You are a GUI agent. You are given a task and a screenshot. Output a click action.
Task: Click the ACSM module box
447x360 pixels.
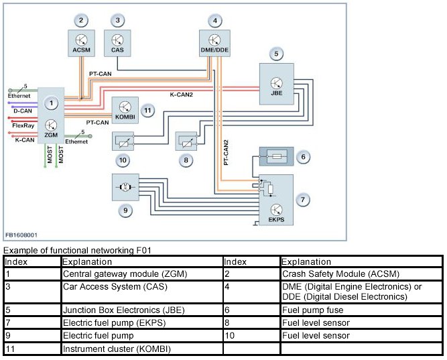pyautogui.click(x=81, y=42)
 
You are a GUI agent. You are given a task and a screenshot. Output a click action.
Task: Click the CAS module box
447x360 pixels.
pyautogui.click(x=117, y=42)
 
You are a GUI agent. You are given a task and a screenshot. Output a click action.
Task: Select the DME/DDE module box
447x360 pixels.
pyautogui.click(x=214, y=42)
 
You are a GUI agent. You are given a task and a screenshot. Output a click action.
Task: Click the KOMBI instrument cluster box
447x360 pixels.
pyautogui.click(x=125, y=109)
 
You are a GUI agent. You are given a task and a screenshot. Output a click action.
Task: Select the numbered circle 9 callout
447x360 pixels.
pyautogui.click(x=124, y=210)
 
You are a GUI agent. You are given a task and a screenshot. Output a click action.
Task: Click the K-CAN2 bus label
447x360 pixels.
pyautogui.click(x=181, y=95)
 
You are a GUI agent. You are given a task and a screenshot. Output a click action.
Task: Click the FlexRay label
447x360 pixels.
pyautogui.click(x=23, y=125)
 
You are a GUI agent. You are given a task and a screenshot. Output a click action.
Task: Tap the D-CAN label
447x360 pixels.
pyautogui.click(x=23, y=111)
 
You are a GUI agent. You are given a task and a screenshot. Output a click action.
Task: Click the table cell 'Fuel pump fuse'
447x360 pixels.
pyautogui.click(x=361, y=310)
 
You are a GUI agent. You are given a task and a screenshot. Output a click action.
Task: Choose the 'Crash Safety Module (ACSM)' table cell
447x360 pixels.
pyautogui.click(x=361, y=274)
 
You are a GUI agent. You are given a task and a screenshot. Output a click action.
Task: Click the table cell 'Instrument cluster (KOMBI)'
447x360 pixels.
pyautogui.click(x=141, y=349)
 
